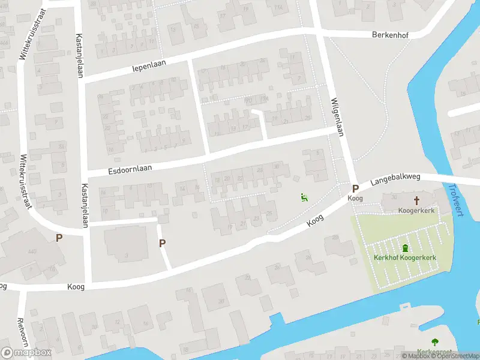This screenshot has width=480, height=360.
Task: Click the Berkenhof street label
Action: (390, 35)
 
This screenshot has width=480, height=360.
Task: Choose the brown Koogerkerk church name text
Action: (416, 211)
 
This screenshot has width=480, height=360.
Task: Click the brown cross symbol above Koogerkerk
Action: (416, 200)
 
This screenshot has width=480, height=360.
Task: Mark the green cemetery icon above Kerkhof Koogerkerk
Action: (405, 248)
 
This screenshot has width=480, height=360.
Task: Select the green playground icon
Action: (304, 197)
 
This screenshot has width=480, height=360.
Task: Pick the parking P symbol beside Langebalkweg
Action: (355, 188)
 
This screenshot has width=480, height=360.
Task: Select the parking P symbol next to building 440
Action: (59, 238)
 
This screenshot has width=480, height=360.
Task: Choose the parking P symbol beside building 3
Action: (162, 243)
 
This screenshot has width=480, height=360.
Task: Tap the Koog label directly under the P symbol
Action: (355, 198)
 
